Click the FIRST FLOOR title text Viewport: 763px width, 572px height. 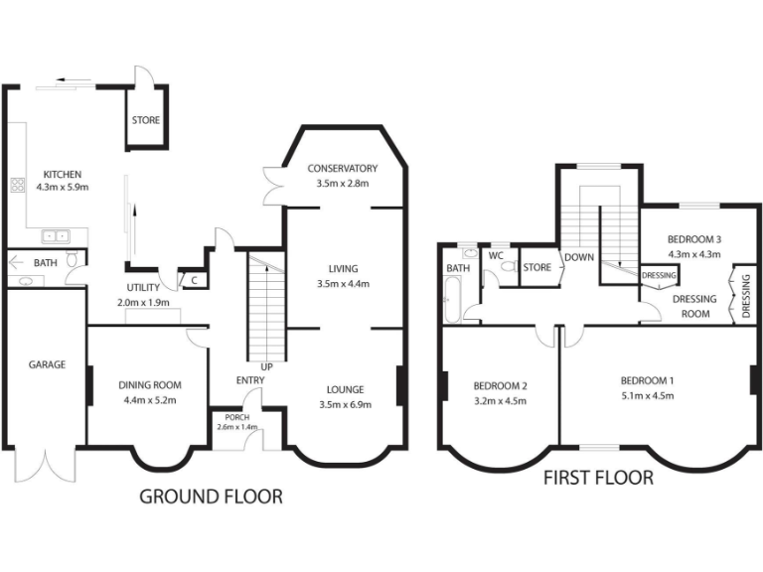[598, 479]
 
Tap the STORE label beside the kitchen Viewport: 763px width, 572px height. [146, 121]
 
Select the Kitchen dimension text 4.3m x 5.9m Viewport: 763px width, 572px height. [63, 187]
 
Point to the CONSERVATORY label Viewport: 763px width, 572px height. [343, 168]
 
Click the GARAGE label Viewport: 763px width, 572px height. [47, 364]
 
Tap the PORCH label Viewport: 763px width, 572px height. [237, 417]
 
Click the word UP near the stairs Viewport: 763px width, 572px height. [267, 366]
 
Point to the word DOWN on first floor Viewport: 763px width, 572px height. [578, 256]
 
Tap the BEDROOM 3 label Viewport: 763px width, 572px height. [693, 239]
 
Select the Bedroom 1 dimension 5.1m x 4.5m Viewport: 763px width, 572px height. [647, 395]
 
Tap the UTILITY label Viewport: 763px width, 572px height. [143, 288]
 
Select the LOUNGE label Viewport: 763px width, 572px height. [343, 389]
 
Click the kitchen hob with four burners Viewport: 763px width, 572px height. [17, 184]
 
